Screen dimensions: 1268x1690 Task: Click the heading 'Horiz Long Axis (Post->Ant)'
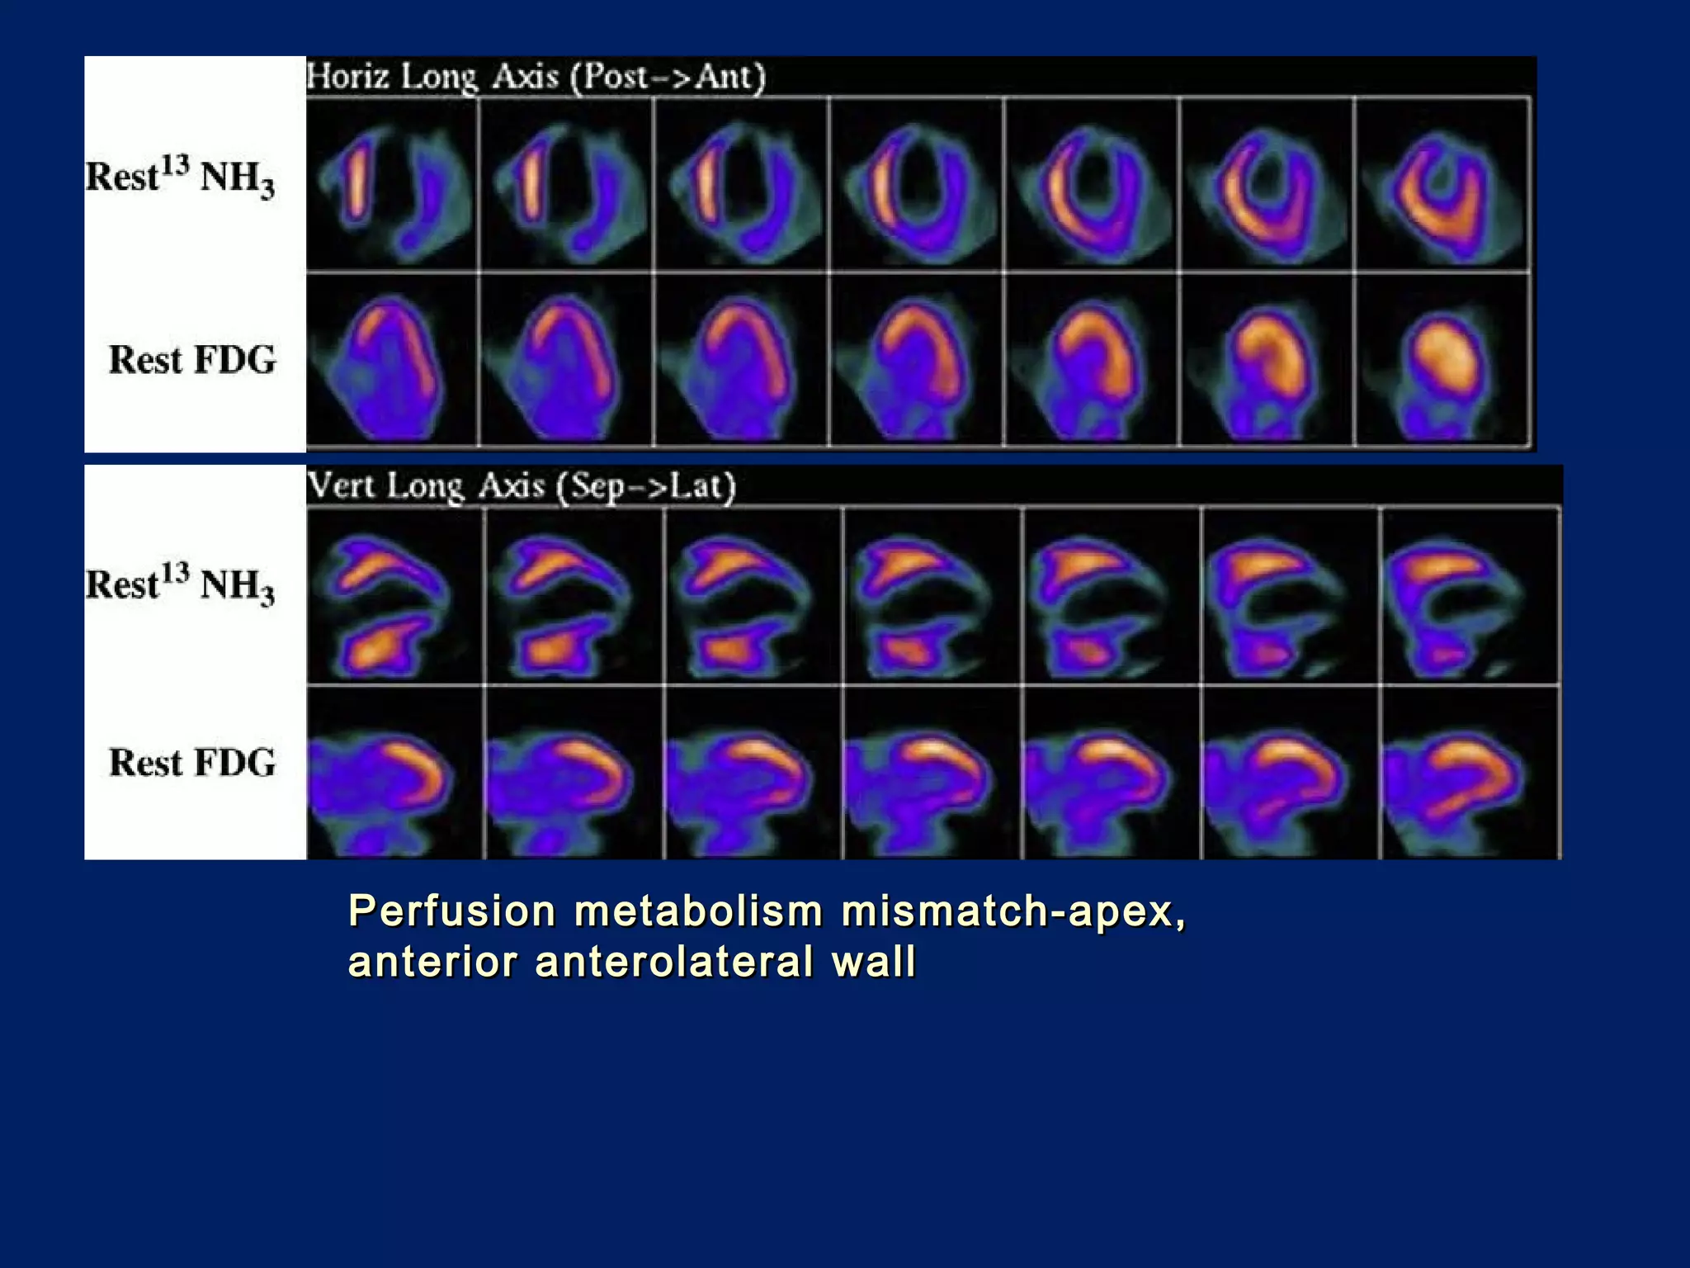click(536, 77)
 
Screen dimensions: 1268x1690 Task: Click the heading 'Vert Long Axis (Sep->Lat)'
click(521, 485)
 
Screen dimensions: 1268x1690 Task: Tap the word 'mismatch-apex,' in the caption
click(1013, 911)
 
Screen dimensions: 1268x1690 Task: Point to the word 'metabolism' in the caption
click(698, 911)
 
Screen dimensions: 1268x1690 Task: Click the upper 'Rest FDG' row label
click(192, 361)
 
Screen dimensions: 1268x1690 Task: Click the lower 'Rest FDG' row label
click(192, 763)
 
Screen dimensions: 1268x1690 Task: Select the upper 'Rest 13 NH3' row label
click(180, 177)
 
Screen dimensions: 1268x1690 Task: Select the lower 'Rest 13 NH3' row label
click(180, 584)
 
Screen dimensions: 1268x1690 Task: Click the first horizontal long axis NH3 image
click(393, 185)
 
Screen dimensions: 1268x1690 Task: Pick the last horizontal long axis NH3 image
click(1442, 185)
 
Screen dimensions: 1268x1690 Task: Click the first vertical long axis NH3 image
click(395, 596)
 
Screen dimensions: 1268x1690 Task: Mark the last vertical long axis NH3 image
click(1469, 596)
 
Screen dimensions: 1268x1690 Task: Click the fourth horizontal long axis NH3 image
click(916, 185)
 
